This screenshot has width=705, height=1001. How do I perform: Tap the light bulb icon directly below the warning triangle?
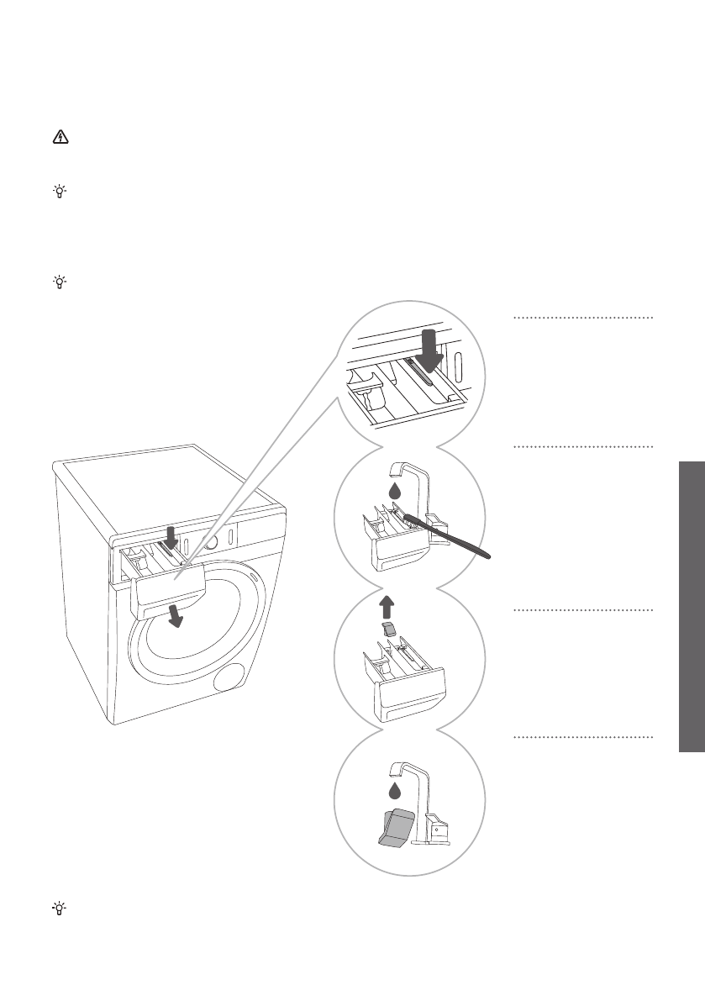coord(59,192)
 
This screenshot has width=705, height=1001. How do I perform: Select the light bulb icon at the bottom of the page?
coord(59,908)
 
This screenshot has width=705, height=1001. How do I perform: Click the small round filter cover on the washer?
coord(229,677)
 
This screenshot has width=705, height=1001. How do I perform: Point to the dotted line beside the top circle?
coord(583,318)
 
